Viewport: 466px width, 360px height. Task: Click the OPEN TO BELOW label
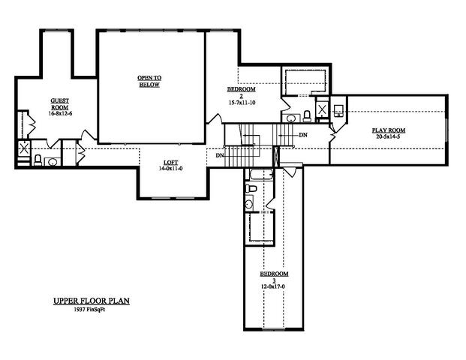coord(150,81)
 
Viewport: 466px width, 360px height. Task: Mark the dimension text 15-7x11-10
coord(242,102)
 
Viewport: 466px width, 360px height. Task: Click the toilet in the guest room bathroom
coord(38,160)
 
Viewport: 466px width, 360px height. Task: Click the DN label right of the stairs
coord(302,135)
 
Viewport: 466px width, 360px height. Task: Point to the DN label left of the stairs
coord(218,155)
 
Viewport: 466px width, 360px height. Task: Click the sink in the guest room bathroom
coord(53,160)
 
